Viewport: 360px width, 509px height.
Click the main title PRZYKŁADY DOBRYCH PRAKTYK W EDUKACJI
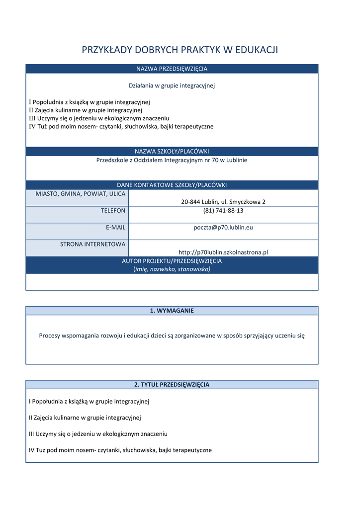180,50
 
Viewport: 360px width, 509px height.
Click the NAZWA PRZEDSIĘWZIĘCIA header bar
172,69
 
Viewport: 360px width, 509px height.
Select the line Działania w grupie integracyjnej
172,85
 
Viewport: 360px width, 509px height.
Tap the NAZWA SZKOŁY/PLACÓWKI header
172,151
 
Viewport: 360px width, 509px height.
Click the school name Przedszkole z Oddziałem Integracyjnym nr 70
172,160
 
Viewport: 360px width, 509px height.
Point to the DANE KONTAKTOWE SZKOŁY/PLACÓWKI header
172,185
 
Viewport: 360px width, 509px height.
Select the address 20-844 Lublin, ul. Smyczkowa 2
223,202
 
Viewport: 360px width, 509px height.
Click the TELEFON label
113,211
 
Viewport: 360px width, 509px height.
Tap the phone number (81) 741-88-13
223,211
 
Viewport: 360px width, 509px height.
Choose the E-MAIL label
115,227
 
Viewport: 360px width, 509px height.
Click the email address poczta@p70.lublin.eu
223,227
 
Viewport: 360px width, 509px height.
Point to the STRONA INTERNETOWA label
92,244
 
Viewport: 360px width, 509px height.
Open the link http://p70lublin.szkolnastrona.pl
223,252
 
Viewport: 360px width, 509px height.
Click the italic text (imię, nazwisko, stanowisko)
172,269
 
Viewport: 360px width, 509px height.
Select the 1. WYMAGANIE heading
172,311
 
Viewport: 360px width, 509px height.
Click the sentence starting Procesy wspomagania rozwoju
172,336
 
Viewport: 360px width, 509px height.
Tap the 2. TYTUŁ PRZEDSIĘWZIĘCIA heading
172,385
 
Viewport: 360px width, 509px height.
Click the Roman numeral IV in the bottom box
32,450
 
